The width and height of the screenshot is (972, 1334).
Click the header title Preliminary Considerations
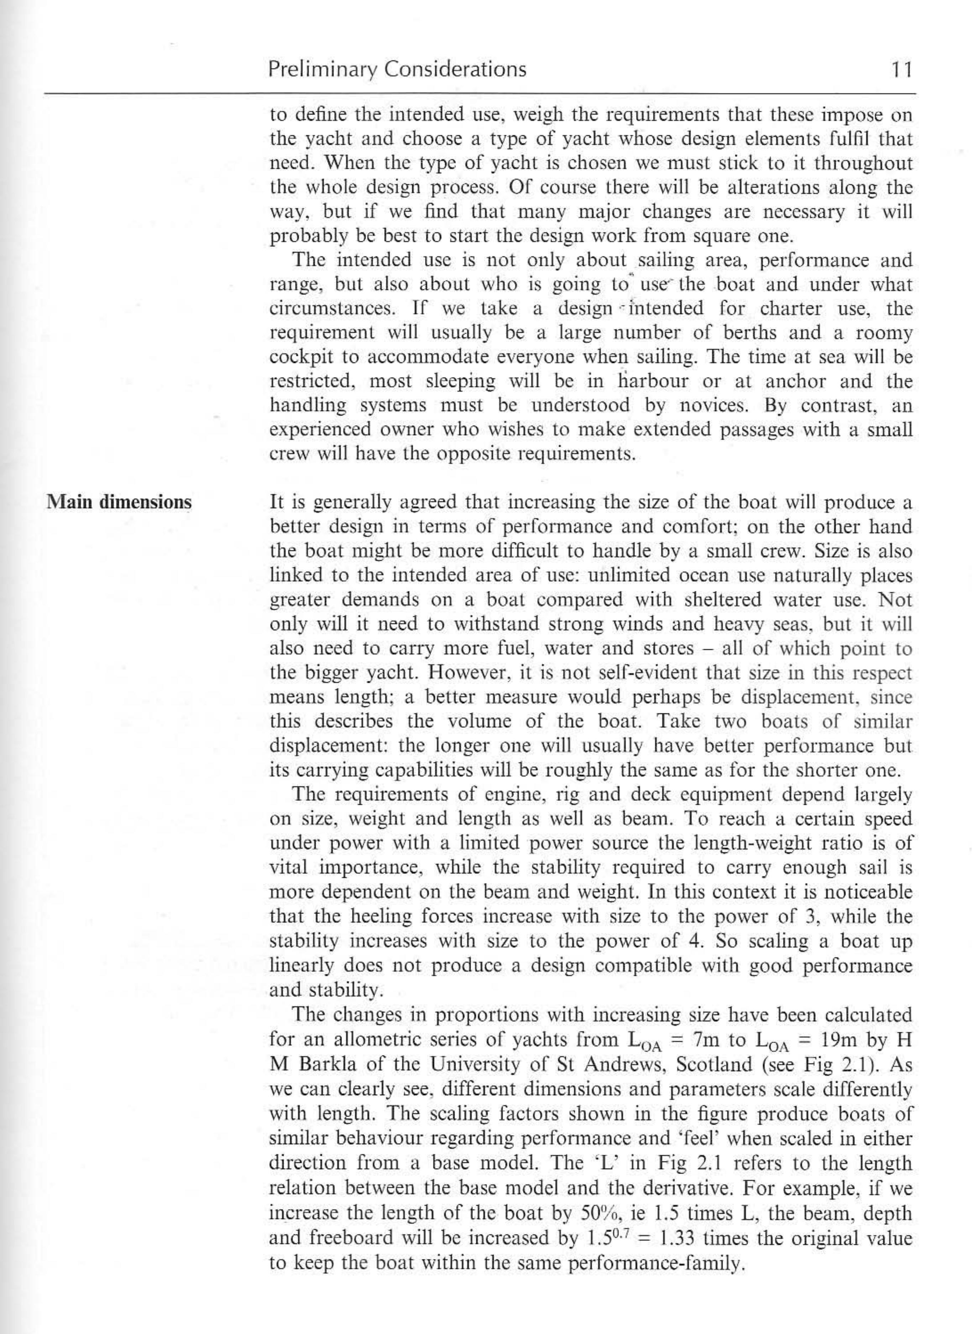point(397,70)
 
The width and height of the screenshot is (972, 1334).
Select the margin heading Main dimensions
point(119,502)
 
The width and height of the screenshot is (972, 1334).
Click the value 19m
point(840,1040)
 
